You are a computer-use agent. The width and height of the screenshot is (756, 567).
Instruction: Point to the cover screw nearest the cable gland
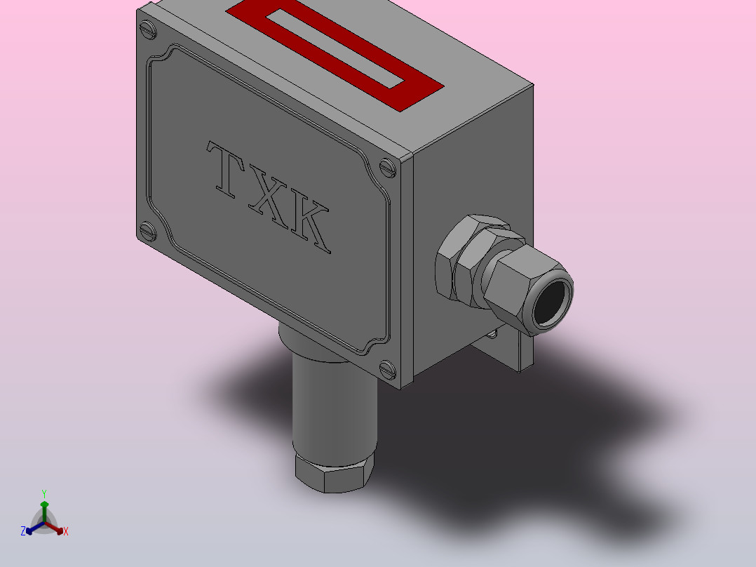click(x=388, y=168)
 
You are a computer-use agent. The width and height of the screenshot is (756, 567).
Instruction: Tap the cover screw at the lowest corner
click(x=387, y=368)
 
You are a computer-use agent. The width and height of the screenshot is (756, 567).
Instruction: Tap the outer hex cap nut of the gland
click(x=515, y=281)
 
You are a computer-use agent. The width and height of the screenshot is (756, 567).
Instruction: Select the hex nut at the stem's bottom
click(x=333, y=473)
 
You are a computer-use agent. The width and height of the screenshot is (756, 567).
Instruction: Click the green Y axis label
click(x=44, y=493)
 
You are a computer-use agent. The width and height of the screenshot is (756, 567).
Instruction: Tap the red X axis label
click(x=66, y=532)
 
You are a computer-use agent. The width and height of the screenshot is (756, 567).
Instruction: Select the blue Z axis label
click(x=23, y=531)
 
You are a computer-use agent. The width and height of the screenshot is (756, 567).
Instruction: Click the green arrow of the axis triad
click(x=44, y=508)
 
